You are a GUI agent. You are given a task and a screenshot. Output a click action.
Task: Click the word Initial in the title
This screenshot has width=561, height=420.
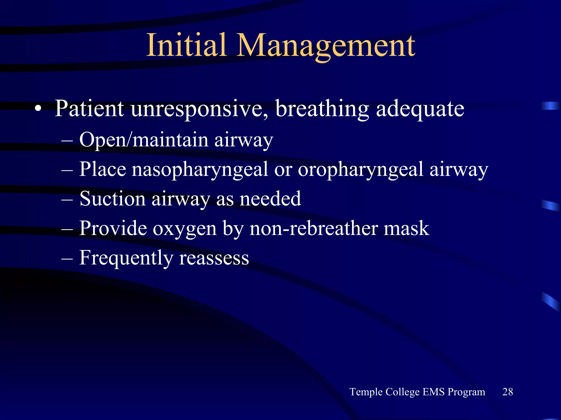coord(187,45)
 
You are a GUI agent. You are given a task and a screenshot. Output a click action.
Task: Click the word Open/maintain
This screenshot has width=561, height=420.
coord(144,140)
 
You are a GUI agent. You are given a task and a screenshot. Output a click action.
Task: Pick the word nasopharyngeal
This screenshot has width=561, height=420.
coord(200,170)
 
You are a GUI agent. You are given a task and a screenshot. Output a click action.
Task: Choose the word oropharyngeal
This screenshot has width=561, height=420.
coord(360,170)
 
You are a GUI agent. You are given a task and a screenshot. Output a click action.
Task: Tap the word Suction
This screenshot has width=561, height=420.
coord(112,199)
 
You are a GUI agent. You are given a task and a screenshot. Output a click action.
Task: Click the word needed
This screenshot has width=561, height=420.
coord(270,199)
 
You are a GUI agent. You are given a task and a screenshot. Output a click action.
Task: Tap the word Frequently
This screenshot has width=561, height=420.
coord(126,258)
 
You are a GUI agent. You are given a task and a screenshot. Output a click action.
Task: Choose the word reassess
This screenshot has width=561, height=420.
coord(214,258)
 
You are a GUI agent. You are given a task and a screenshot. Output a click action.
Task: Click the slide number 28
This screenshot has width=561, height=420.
coord(508,392)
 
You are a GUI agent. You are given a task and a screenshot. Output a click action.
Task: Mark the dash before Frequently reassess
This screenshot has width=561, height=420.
coord(67,258)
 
